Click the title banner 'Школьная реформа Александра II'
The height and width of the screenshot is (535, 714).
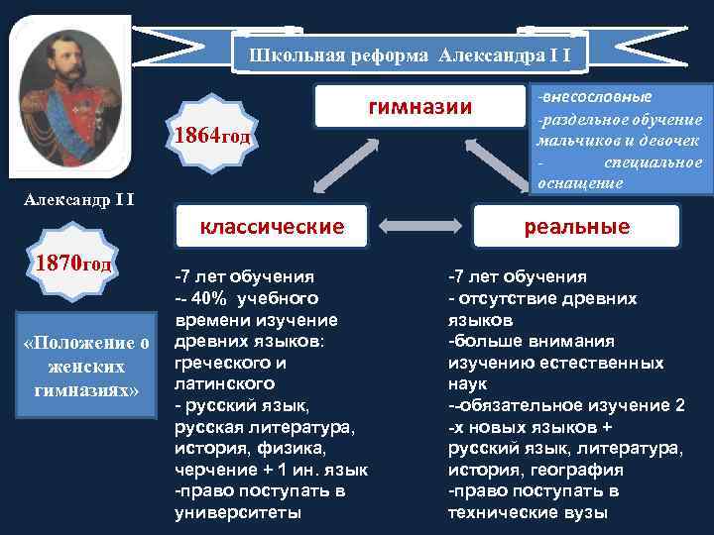coord(409,54)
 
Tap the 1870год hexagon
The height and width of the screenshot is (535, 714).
coord(73,267)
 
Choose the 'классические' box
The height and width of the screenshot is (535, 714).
coord(272,226)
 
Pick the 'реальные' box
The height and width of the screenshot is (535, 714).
coord(576,226)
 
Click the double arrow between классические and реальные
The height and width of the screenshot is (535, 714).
coord(422,227)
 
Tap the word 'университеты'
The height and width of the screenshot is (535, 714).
coord(238,512)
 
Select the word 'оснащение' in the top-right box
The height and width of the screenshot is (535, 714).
coord(580,182)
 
